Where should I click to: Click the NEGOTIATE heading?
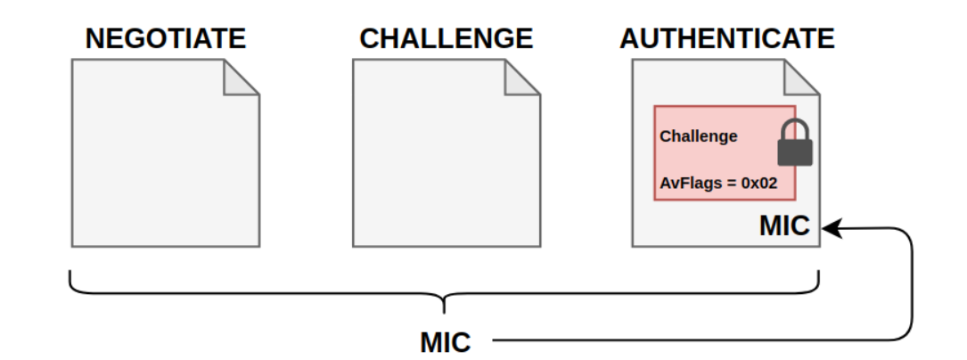click(x=165, y=39)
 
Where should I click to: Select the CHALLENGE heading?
click(x=446, y=39)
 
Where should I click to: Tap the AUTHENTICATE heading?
click(x=727, y=39)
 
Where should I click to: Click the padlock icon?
click(x=795, y=143)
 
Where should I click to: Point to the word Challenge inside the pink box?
click(x=699, y=136)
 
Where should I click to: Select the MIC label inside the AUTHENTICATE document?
click(x=784, y=226)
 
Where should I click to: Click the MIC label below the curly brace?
click(x=445, y=340)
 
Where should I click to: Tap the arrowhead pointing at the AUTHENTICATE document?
click(x=830, y=229)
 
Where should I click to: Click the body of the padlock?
click(x=795, y=152)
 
